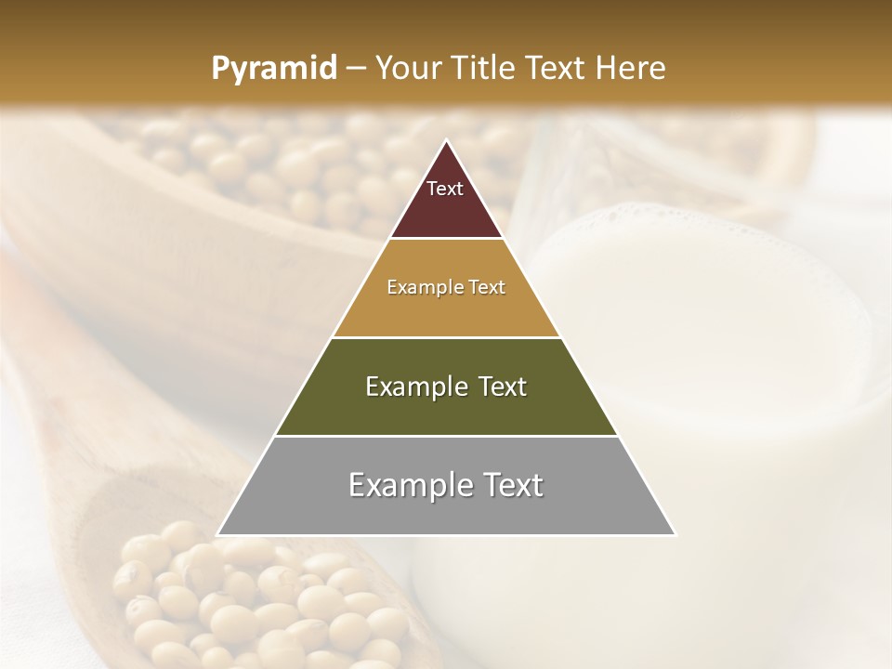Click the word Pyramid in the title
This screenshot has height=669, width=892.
[273, 69]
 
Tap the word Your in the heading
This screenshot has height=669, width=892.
[409, 69]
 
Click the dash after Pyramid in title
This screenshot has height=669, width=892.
[355, 69]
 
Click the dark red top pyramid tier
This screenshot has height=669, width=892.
[446, 210]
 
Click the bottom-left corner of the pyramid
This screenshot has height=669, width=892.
[219, 533]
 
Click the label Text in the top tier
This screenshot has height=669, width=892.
[445, 189]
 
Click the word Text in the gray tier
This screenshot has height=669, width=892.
[512, 485]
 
